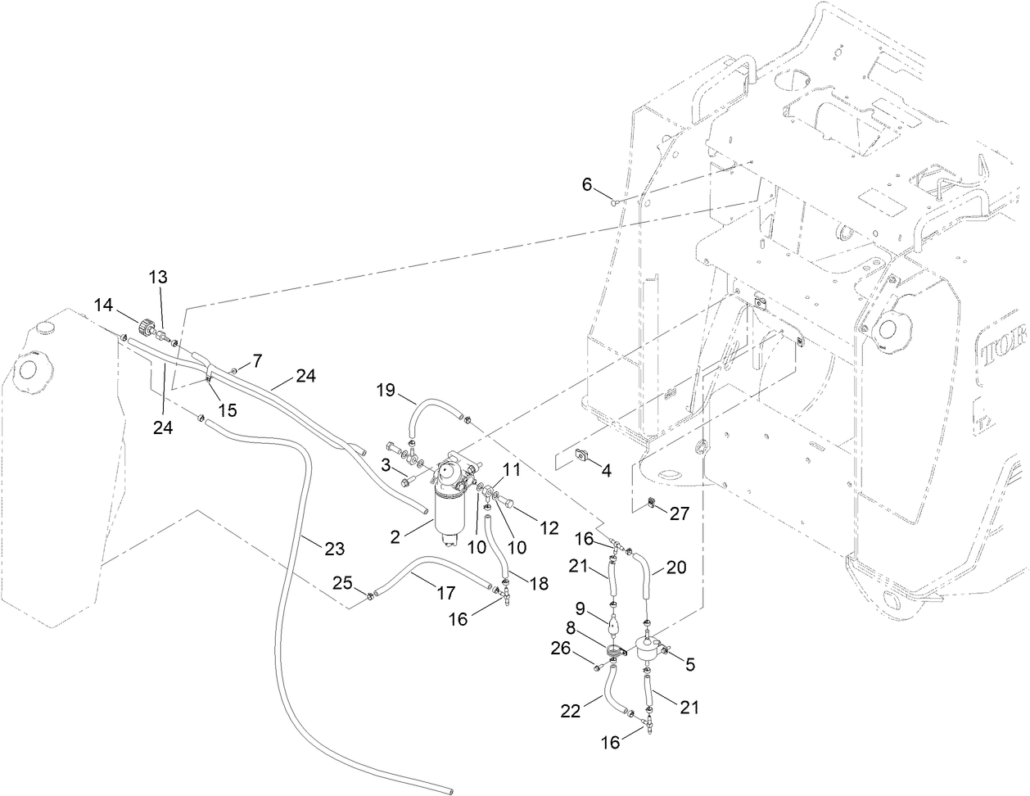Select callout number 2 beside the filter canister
coord(395,537)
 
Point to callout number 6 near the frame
coord(587,185)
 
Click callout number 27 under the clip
coord(679,513)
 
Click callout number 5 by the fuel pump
coord(689,665)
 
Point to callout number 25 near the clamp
coord(342,582)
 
